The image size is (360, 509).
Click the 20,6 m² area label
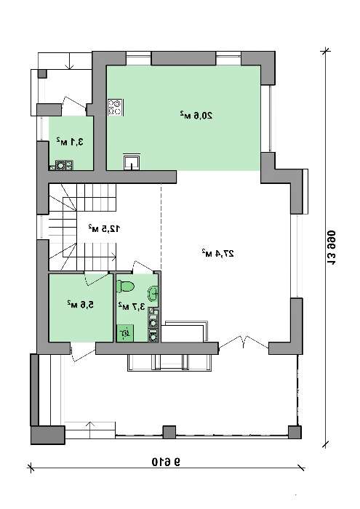[x=196, y=116]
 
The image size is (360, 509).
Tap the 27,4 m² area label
[x=217, y=253]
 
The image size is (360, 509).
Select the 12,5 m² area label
[x=104, y=228]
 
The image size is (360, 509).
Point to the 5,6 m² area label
[x=80, y=305]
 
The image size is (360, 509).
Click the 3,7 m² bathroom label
[x=132, y=306]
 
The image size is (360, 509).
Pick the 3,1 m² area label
[x=70, y=142]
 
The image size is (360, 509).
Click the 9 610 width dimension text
[x=166, y=462]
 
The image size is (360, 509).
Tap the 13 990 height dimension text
[x=331, y=249]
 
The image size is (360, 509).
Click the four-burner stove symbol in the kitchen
[x=115, y=108]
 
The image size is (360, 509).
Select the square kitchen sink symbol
[x=132, y=161]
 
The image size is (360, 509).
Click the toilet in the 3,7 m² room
[x=126, y=286]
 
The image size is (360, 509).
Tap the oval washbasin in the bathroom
[x=153, y=294]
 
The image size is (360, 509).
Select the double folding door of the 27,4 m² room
[x=244, y=342]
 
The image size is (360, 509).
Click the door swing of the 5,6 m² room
[x=97, y=278]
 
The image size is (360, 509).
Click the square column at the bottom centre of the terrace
[x=169, y=433]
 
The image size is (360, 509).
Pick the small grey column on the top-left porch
[x=42, y=73]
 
